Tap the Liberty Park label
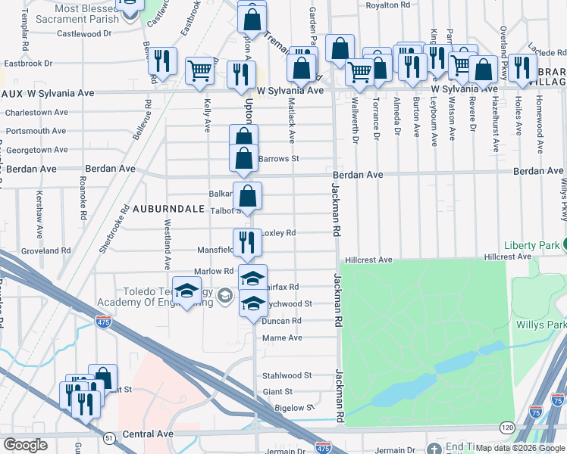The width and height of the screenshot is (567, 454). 533,245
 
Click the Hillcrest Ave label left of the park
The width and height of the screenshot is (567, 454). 368,260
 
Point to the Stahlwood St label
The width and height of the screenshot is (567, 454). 287,375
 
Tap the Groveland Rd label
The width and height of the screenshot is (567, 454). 45,250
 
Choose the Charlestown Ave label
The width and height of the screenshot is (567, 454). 36,113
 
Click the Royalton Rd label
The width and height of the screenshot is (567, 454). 387,5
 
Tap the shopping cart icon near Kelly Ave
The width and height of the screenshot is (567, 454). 200,70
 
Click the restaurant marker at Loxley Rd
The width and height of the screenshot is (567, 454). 247,243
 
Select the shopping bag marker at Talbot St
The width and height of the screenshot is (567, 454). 247,196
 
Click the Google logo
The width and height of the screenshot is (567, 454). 25,444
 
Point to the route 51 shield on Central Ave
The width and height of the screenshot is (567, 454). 110,437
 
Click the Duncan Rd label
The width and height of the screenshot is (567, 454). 281,321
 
